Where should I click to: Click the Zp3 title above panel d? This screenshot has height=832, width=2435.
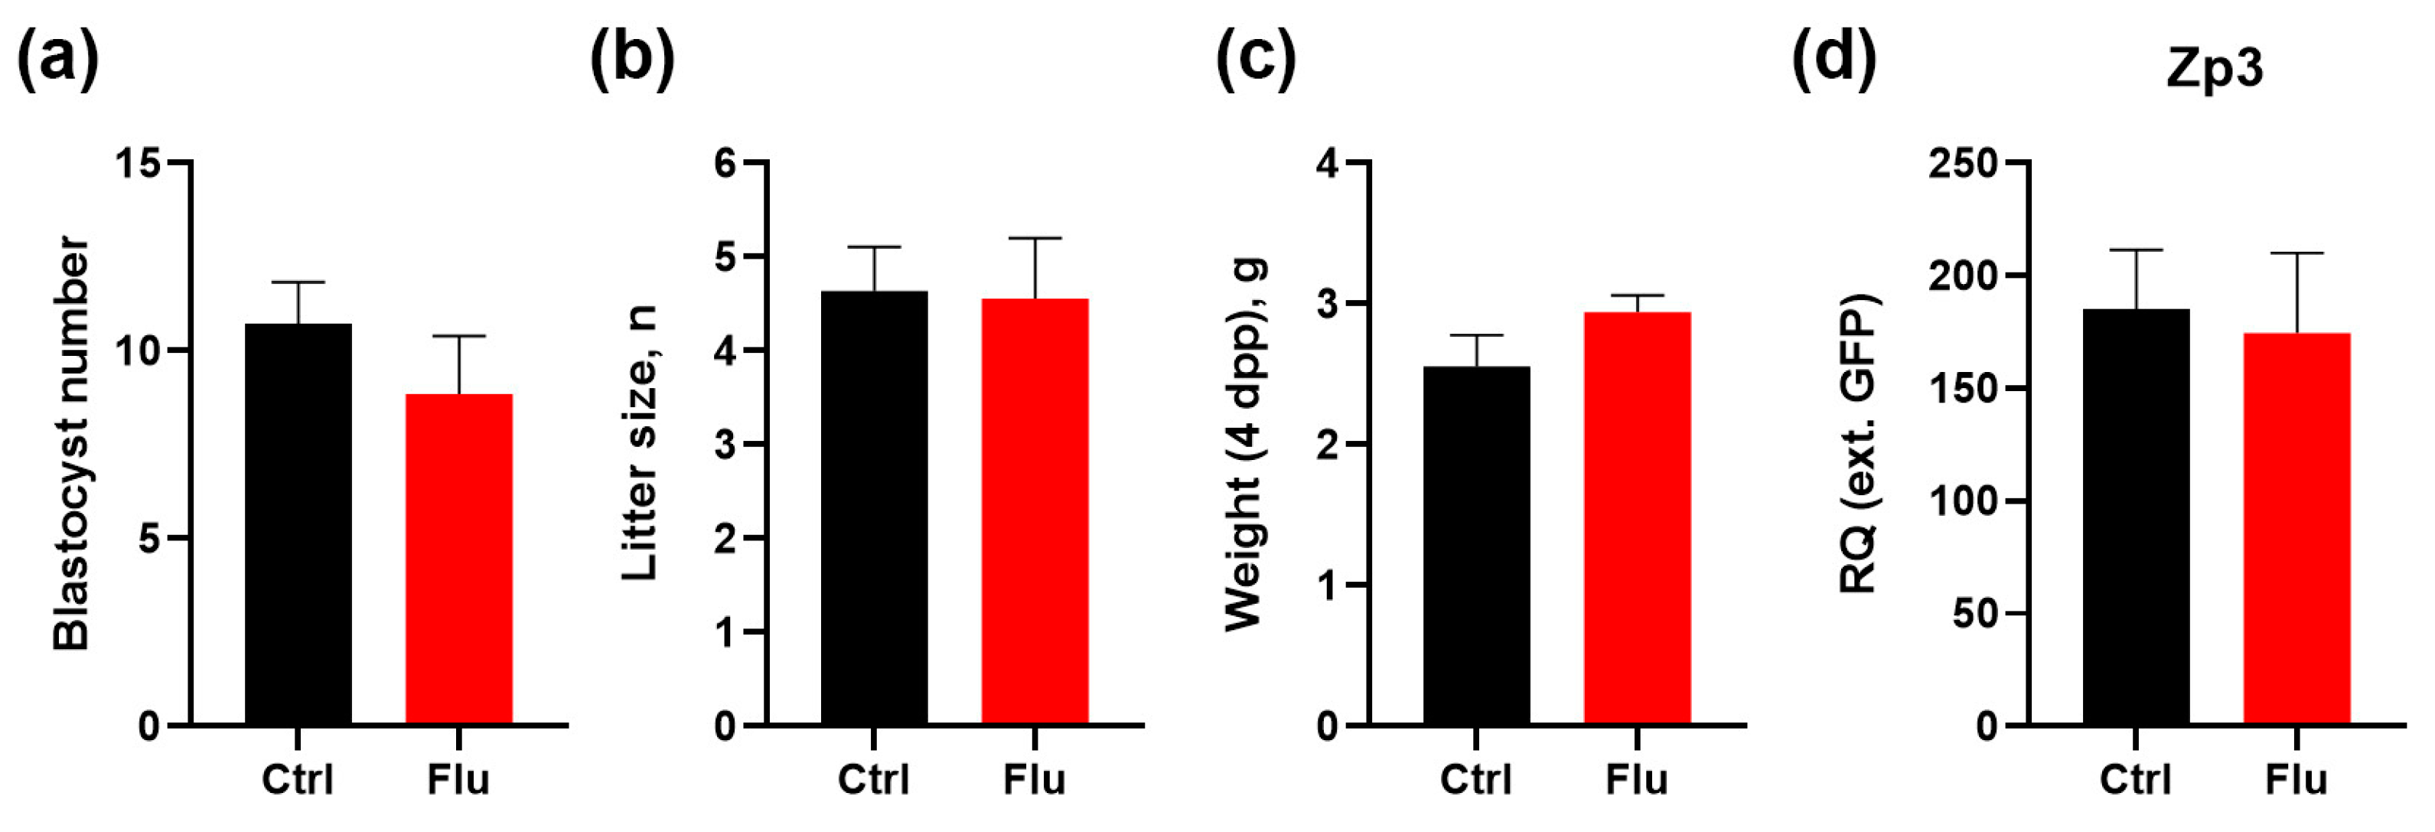2215,68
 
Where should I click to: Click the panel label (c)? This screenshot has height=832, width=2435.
1255,59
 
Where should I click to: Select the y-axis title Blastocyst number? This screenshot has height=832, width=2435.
71,445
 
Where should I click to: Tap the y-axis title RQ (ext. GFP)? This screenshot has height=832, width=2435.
1857,445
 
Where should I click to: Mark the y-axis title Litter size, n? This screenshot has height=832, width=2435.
640,445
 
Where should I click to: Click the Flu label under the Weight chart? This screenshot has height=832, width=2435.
1636,780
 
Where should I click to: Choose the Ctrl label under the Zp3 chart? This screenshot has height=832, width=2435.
2134,780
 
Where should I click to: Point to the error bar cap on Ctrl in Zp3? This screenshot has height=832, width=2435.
2135,250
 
